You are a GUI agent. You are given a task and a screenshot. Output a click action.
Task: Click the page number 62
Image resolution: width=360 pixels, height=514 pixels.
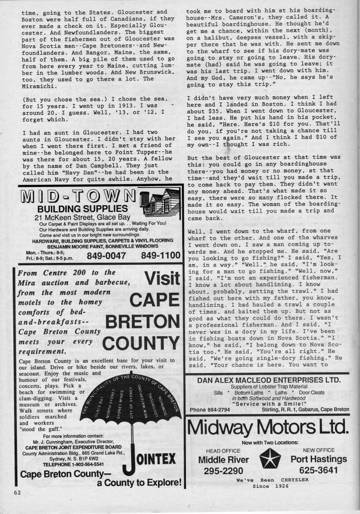[18, 492]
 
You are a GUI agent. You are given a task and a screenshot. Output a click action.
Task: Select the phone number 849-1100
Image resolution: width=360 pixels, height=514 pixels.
[160, 255]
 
